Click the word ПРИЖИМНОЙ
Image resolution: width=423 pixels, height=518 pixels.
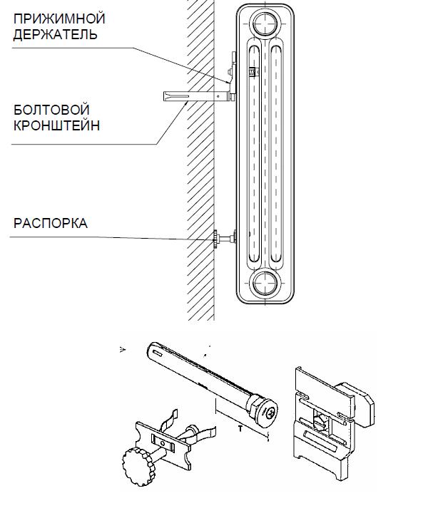point(59,19)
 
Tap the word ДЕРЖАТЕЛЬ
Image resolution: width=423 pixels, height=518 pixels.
point(55,34)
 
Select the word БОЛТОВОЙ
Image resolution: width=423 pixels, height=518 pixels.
point(51,110)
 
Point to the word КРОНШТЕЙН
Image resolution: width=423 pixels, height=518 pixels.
point(56,125)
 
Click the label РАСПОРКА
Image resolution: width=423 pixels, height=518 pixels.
point(51,223)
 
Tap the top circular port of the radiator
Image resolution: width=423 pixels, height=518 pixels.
point(265,23)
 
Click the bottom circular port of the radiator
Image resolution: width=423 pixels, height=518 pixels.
point(265,284)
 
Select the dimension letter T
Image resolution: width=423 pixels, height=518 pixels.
point(240,429)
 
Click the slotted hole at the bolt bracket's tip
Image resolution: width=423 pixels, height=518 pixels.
point(158,353)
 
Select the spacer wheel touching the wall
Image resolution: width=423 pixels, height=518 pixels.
point(215,239)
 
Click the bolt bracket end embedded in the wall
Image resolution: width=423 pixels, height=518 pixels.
point(176,96)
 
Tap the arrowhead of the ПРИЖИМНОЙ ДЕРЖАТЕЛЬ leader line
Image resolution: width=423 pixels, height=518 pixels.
point(228,81)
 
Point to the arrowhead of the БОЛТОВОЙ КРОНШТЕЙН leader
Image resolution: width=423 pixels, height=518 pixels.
point(186,103)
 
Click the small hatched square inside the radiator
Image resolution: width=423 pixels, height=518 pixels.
point(252,71)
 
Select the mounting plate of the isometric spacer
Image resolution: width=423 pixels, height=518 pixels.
point(163,445)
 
